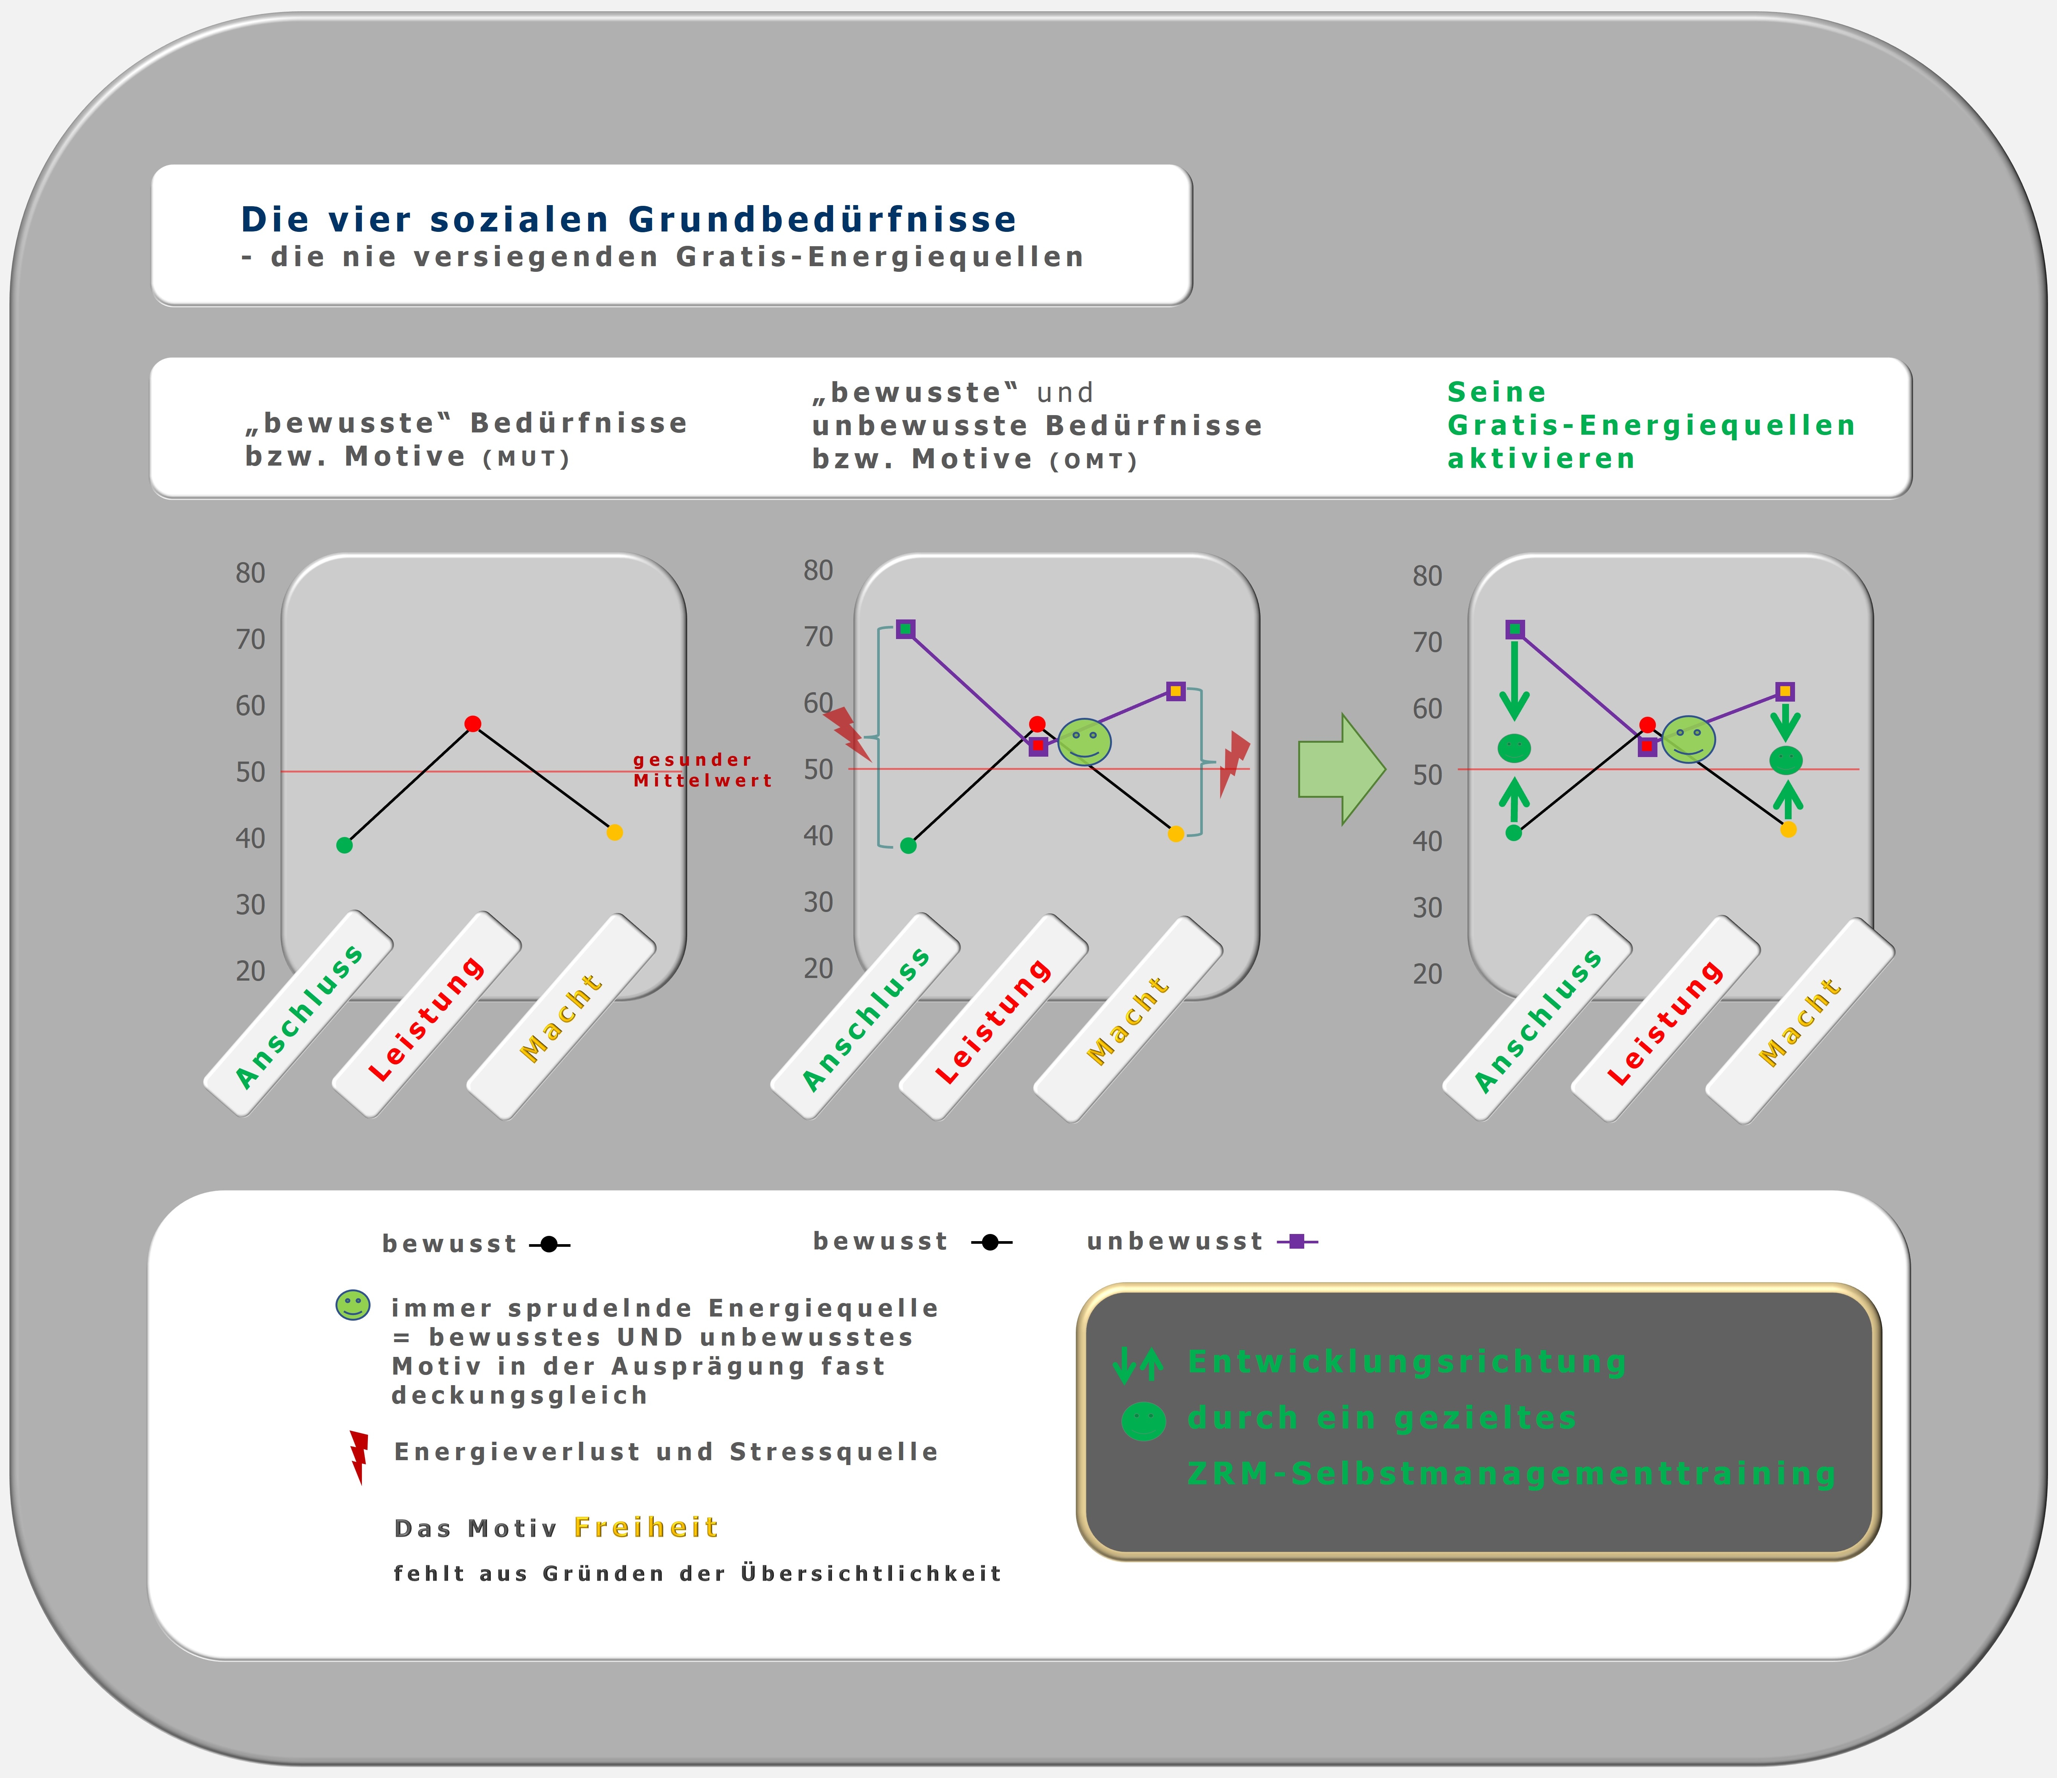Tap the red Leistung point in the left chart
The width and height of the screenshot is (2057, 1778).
click(x=473, y=724)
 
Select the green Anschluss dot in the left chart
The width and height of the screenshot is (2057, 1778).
click(x=345, y=845)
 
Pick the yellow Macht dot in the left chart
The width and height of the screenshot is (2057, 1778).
click(x=614, y=832)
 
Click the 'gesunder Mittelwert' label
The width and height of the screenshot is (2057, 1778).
click(x=702, y=770)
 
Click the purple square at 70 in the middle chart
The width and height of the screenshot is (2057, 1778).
click(x=905, y=629)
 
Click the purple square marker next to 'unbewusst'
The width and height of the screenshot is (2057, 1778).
click(x=1297, y=1241)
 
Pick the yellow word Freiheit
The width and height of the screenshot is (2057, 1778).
click(x=646, y=1527)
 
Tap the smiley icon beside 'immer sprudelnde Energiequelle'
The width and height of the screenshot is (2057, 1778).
click(x=352, y=1304)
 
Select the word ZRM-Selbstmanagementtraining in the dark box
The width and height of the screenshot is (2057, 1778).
click(x=1511, y=1473)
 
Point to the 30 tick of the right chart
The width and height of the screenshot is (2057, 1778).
click(x=1427, y=907)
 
